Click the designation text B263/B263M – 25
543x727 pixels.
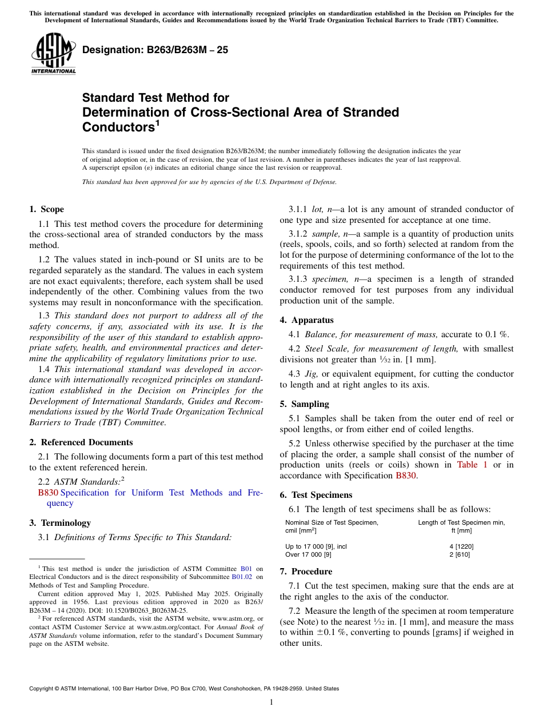click(155, 50)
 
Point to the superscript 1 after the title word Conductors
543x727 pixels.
click(157, 123)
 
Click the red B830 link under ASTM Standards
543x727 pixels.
click(48, 493)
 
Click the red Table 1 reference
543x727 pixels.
click(472, 465)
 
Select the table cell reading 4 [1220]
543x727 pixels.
click(461, 546)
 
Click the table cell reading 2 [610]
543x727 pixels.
click(461, 554)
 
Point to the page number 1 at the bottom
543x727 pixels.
click(271, 702)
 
